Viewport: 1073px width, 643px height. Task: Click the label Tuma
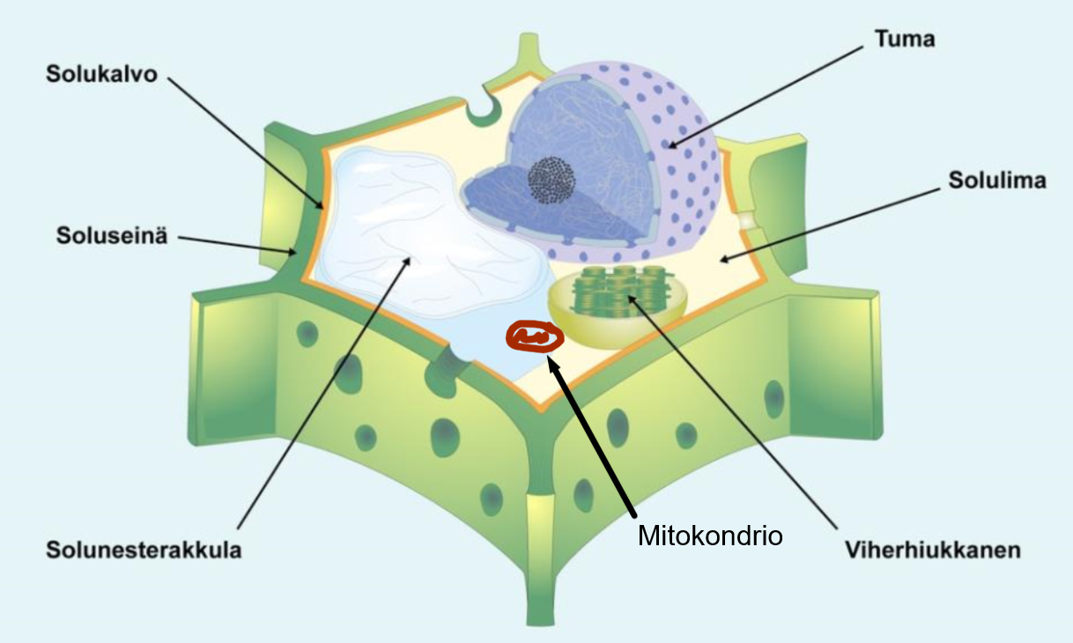[905, 39]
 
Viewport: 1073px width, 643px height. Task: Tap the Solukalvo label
[101, 74]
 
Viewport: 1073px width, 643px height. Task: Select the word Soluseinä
[112, 235]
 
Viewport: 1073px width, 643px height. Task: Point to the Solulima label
[997, 181]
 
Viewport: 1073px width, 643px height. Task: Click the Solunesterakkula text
[144, 550]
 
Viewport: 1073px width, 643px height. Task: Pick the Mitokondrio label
[710, 536]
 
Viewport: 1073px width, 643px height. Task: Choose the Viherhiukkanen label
[933, 550]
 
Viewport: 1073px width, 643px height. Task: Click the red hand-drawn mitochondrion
[535, 337]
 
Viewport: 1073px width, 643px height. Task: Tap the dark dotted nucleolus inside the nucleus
[551, 180]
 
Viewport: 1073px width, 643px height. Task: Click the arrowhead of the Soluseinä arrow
[292, 252]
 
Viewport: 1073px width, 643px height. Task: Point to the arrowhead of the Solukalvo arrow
[320, 205]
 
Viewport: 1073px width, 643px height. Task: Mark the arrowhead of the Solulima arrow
[724, 260]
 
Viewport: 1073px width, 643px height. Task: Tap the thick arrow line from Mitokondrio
[592, 438]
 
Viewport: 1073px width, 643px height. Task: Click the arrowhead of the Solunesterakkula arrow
[407, 262]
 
